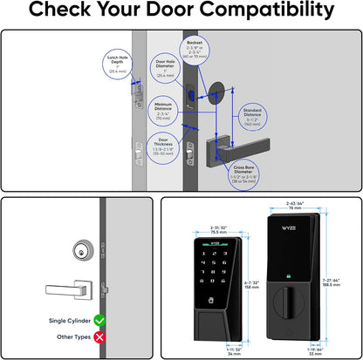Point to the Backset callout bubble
point(194,51)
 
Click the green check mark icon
point(99,322)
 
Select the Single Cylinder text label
point(69,322)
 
